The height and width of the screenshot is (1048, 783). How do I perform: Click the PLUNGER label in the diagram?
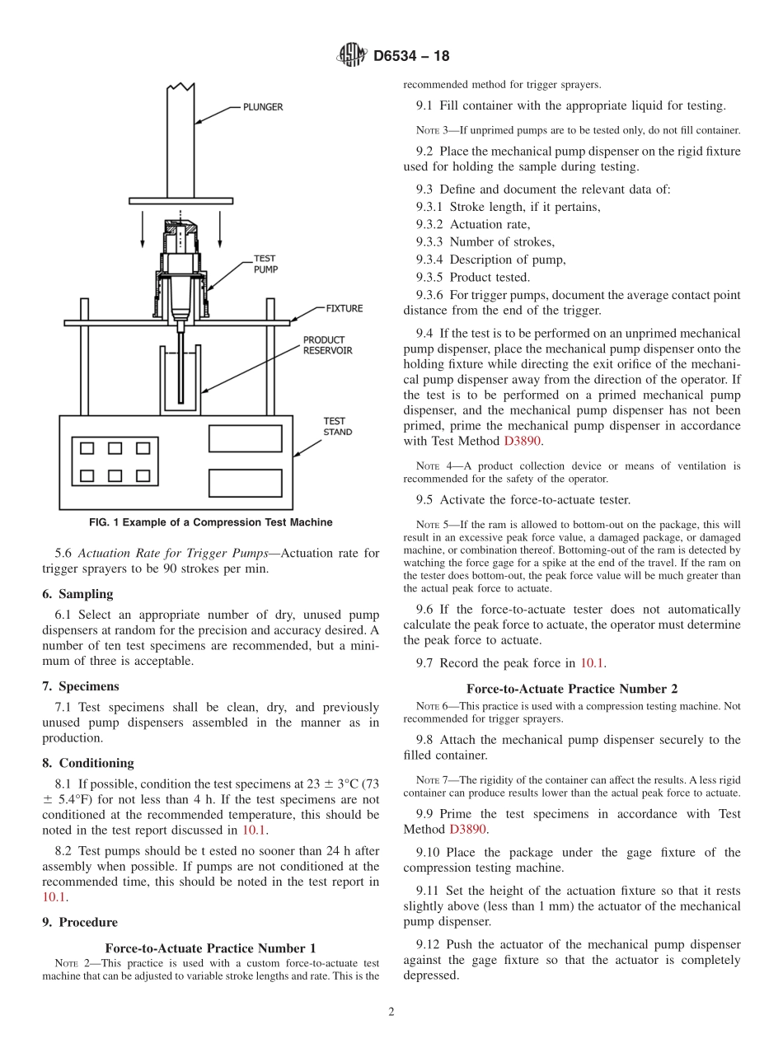(x=262, y=107)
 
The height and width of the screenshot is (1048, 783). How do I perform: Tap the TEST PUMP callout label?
(x=265, y=264)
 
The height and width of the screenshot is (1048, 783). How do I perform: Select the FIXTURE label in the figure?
(x=344, y=308)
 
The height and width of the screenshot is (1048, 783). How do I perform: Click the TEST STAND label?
(x=337, y=426)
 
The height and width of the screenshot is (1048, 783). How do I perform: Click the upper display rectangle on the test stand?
(x=245, y=438)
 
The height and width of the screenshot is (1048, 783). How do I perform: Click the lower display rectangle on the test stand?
(x=245, y=482)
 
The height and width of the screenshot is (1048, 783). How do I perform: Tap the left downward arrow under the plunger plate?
(x=142, y=230)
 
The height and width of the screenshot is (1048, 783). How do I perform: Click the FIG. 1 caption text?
(x=211, y=522)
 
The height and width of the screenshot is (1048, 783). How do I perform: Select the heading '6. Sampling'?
(x=77, y=594)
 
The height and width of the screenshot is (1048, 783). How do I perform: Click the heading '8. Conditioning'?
(x=87, y=763)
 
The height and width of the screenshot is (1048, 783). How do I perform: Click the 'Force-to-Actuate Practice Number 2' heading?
(x=572, y=689)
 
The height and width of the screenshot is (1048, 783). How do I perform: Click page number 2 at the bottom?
(x=391, y=1012)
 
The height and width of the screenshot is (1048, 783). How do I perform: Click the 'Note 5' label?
(x=433, y=525)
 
